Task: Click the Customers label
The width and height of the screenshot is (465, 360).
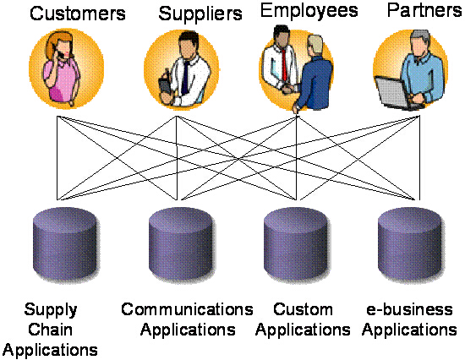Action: point(78,14)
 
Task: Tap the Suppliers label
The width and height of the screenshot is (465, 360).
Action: point(200,14)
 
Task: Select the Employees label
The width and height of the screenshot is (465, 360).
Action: point(309,11)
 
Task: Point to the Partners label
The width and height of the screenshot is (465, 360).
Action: point(424,10)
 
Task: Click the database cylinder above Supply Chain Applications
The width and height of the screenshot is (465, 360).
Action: point(66,243)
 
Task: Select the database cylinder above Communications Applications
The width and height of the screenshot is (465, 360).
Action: point(181,243)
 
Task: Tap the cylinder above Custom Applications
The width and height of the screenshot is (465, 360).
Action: point(297,243)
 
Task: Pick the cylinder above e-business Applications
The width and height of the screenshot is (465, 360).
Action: point(411,243)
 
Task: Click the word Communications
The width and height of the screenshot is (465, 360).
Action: point(187,309)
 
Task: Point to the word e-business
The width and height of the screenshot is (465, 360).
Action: point(409,309)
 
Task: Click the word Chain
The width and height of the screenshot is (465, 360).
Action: point(50,330)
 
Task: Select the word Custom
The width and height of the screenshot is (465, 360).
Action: point(303,309)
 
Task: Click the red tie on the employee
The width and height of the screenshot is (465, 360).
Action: point(284,64)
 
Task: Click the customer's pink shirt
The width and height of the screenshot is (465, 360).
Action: point(62,79)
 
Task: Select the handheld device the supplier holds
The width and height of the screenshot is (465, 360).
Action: point(164,86)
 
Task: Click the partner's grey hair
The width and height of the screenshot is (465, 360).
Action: point(420,37)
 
